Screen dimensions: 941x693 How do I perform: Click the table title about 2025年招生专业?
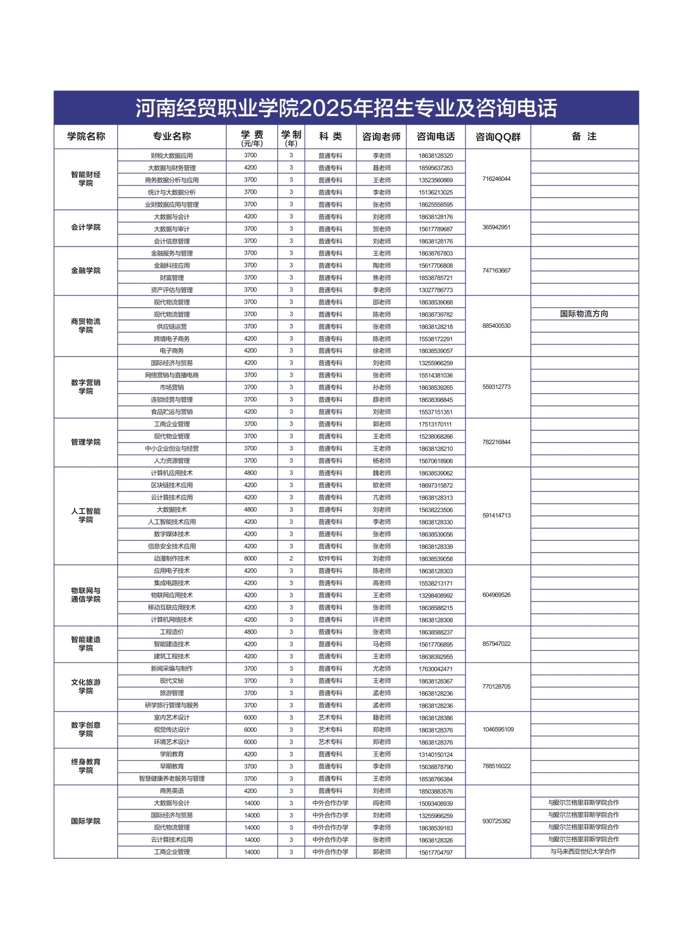point(346,108)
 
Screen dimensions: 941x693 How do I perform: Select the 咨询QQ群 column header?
point(498,137)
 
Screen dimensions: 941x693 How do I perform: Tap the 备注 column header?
point(584,137)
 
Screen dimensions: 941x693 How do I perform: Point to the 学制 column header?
point(291,137)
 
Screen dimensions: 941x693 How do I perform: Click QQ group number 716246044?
point(496,179)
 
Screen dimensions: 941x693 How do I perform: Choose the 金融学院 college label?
point(86,270)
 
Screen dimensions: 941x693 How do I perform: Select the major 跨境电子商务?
point(172,339)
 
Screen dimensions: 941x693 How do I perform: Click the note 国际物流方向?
point(584,314)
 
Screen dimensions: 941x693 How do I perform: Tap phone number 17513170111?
point(435,424)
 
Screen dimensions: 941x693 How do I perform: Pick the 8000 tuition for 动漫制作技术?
point(250,559)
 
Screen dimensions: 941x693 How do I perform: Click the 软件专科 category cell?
point(330,559)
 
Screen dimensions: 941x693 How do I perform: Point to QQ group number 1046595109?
point(498,729)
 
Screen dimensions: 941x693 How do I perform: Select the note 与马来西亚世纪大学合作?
point(583,852)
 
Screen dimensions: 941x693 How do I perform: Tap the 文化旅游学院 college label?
point(86,686)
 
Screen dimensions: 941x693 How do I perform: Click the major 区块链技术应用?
point(172,485)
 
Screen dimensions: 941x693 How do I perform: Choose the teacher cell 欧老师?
point(382,485)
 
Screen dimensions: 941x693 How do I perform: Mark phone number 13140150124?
point(435,755)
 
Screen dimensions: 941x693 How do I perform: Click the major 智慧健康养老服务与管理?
point(172,778)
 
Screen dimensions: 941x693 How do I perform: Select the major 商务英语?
point(172,791)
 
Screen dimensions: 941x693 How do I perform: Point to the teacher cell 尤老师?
point(382,669)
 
